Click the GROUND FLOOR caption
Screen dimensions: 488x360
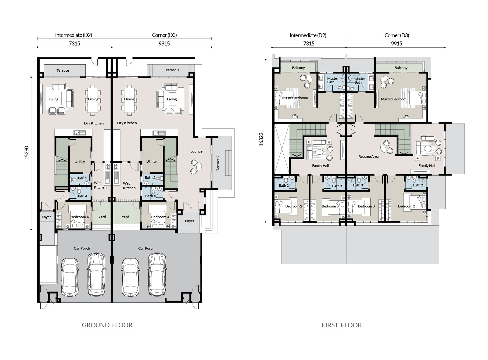pos(107,325)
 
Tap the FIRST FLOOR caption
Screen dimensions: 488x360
pos(342,325)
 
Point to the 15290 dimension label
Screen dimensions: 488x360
pos(26,153)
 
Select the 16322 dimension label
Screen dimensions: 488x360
pos(261,139)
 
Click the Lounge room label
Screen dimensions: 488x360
pos(196,151)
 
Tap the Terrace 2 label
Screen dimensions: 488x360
pos(218,163)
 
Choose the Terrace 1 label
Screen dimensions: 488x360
pos(171,70)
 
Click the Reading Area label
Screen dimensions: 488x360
pos(368,157)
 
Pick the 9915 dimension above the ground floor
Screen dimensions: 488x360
pos(164,44)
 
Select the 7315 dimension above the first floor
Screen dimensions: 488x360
pos(309,44)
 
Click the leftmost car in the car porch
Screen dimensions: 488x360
pos(70,277)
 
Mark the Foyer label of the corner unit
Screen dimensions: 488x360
pos(189,221)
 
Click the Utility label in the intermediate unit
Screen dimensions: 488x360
pos(80,162)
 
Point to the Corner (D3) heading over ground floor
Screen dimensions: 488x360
pos(164,35)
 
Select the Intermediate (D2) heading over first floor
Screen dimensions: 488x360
pos(308,35)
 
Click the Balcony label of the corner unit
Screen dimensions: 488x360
pos(401,68)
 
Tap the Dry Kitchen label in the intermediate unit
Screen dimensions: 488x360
pos(94,123)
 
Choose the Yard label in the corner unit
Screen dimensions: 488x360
pos(125,217)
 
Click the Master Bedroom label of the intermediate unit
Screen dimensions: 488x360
pos(295,98)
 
